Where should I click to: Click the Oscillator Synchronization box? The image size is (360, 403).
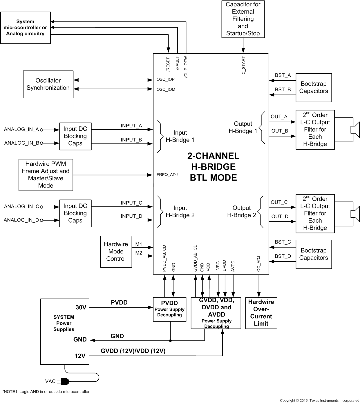48,84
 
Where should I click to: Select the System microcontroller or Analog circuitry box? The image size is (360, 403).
26,28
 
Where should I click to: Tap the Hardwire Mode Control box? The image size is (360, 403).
116,251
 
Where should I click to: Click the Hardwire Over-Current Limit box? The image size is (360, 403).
261,313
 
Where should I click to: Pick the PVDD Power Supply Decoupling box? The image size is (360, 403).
169,309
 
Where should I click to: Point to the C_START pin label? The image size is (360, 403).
243,65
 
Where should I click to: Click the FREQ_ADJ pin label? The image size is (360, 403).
167,175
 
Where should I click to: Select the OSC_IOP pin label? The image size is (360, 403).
166,79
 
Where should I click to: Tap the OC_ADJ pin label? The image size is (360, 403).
258,264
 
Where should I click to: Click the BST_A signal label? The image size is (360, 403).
283,75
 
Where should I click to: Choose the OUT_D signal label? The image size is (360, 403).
280,217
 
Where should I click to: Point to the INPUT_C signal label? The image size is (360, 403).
131,203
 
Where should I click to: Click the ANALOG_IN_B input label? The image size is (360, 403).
22,143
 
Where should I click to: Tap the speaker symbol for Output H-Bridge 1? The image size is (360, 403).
355,130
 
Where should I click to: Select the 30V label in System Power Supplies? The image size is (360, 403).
81,307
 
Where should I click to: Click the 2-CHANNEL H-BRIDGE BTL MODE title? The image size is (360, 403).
213,167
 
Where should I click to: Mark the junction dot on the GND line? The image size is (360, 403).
170,340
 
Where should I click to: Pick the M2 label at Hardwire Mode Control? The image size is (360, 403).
139,253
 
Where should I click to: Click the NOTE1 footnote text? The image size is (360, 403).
46,392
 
